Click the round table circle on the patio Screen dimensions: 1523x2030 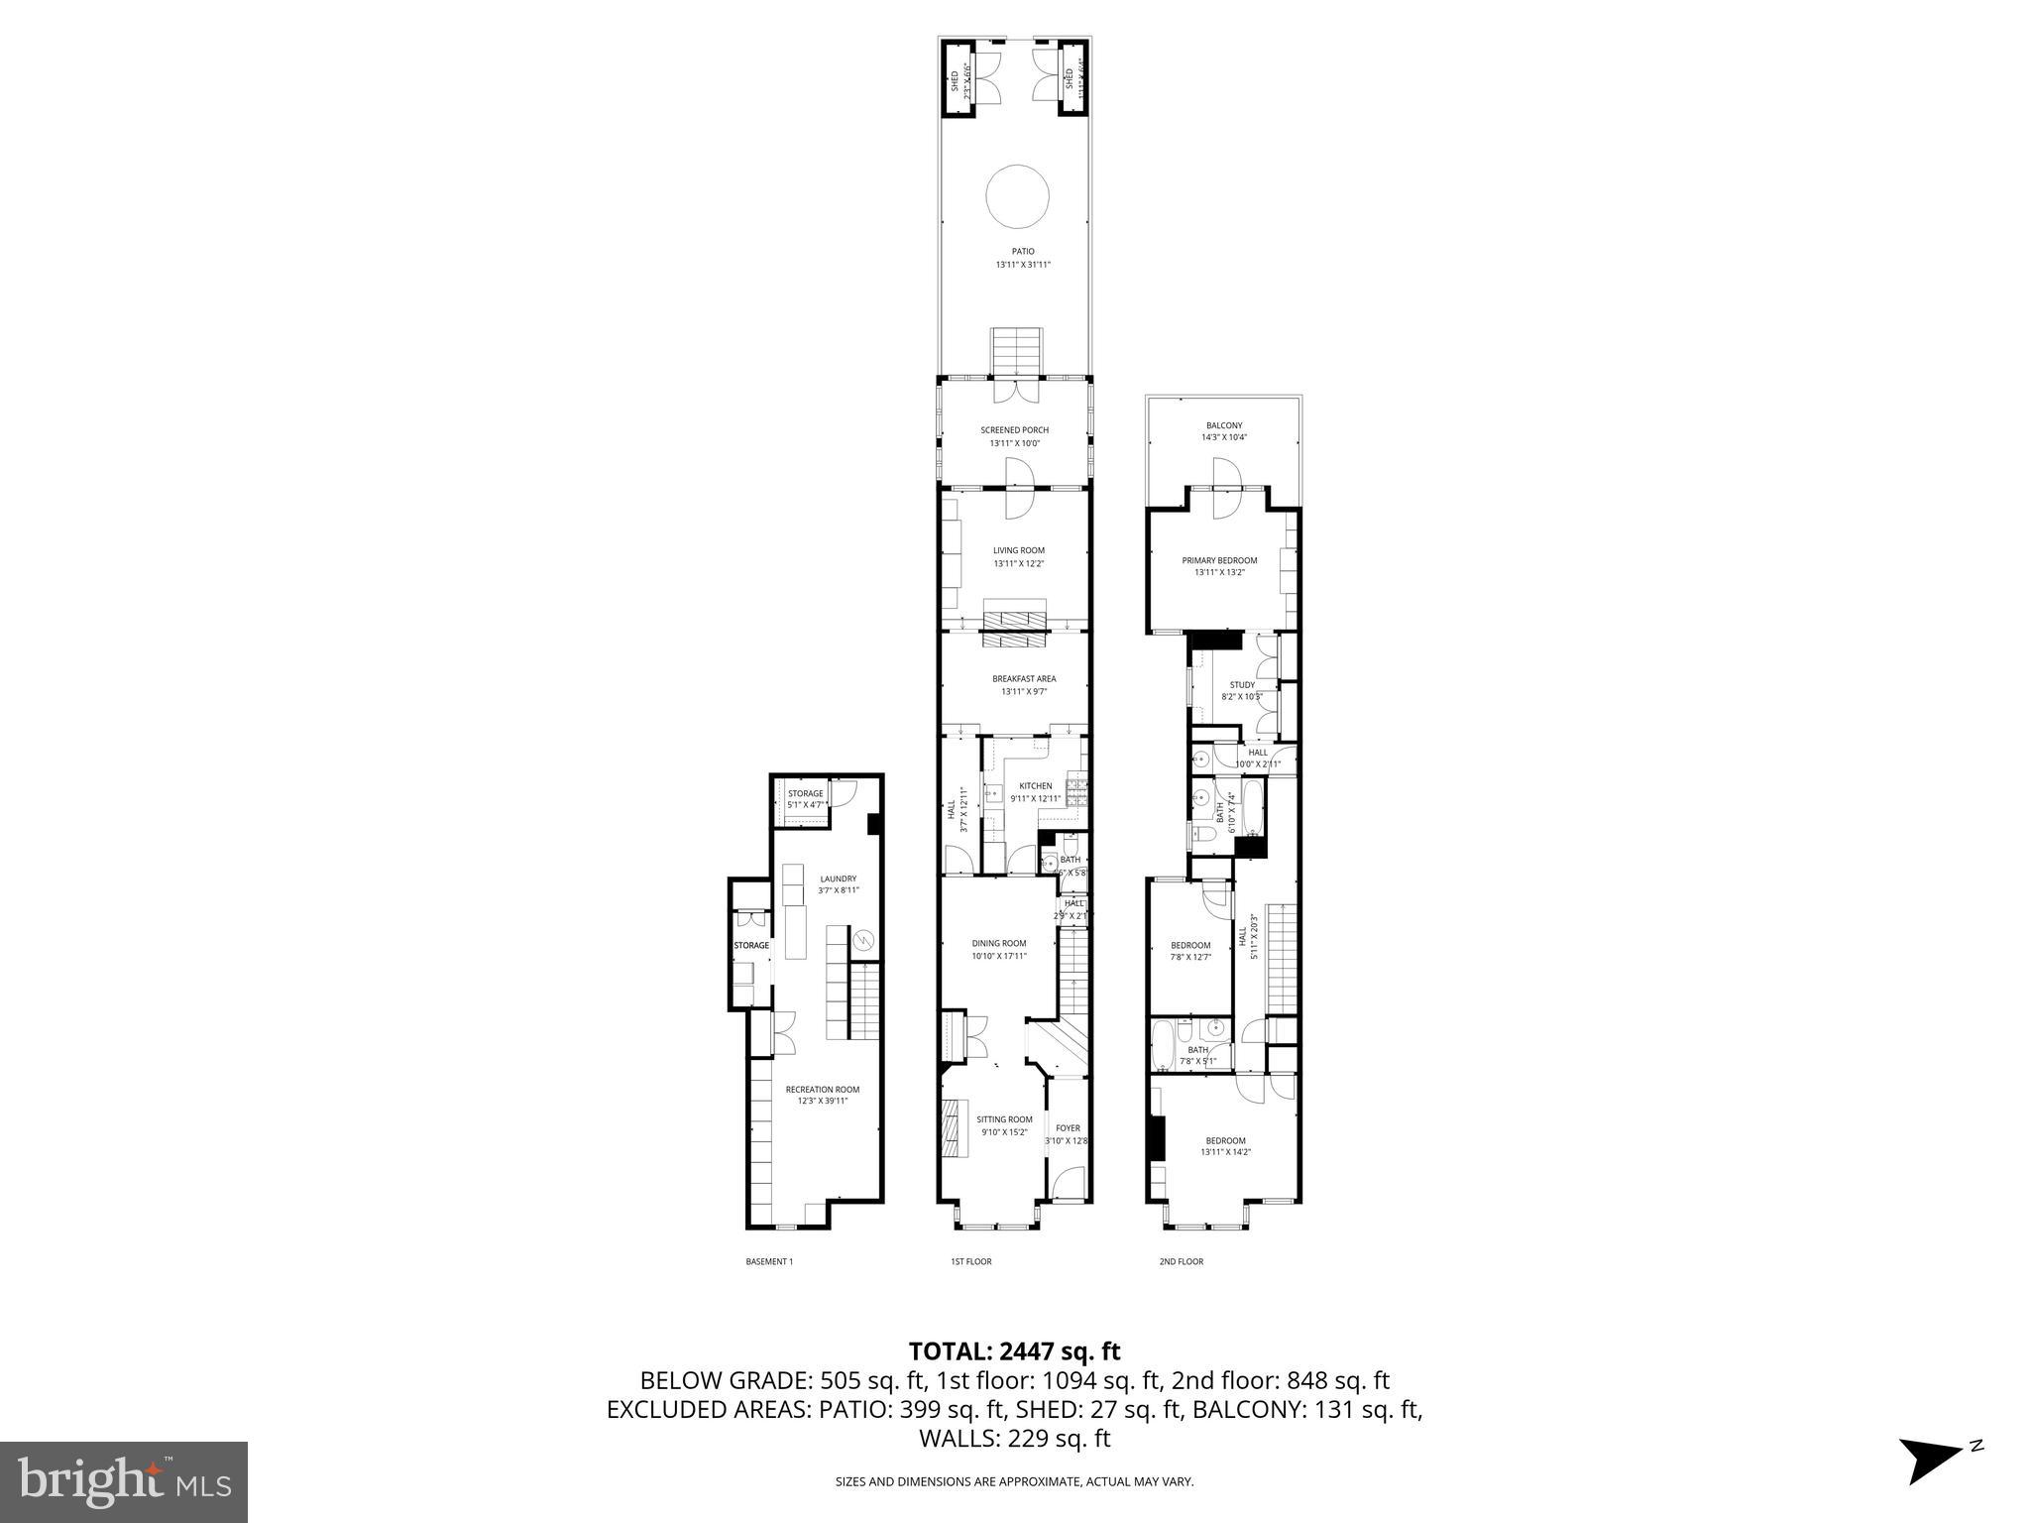click(x=1017, y=197)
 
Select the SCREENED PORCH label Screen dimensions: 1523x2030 click(x=1014, y=430)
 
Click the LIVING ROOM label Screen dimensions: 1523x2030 click(x=1018, y=550)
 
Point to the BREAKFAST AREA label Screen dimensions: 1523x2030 click(x=1023, y=679)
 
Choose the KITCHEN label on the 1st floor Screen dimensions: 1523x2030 click(x=1035, y=786)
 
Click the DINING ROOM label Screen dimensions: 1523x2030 click(x=998, y=943)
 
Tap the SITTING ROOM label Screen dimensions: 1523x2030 click(x=1006, y=1119)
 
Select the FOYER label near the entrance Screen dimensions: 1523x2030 click(x=1067, y=1128)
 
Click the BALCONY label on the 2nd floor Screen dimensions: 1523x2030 click(x=1223, y=425)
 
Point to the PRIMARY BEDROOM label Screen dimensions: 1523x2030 click(x=1218, y=560)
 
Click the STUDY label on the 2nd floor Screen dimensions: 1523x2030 click(x=1241, y=685)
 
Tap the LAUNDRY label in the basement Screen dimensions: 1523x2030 click(x=838, y=879)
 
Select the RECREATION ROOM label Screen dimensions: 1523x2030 click(x=822, y=1090)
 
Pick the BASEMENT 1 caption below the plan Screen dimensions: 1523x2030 click(x=768, y=1262)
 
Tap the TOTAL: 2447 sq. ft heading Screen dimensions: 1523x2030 click(x=1014, y=1350)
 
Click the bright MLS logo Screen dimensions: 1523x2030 click(x=123, y=1481)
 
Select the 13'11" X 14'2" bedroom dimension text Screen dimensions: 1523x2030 click(x=1225, y=1152)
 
